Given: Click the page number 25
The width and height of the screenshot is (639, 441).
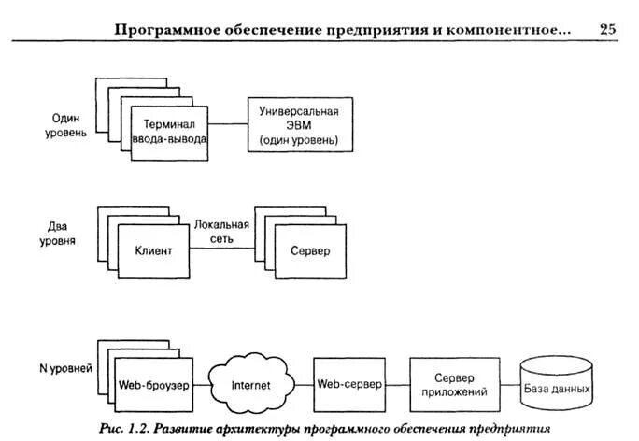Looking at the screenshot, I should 607,29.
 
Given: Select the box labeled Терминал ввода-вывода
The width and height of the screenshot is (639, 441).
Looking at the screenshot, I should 169,132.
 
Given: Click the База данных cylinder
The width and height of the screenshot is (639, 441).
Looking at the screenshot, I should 557,384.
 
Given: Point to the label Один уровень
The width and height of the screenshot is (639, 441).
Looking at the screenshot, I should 68,126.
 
